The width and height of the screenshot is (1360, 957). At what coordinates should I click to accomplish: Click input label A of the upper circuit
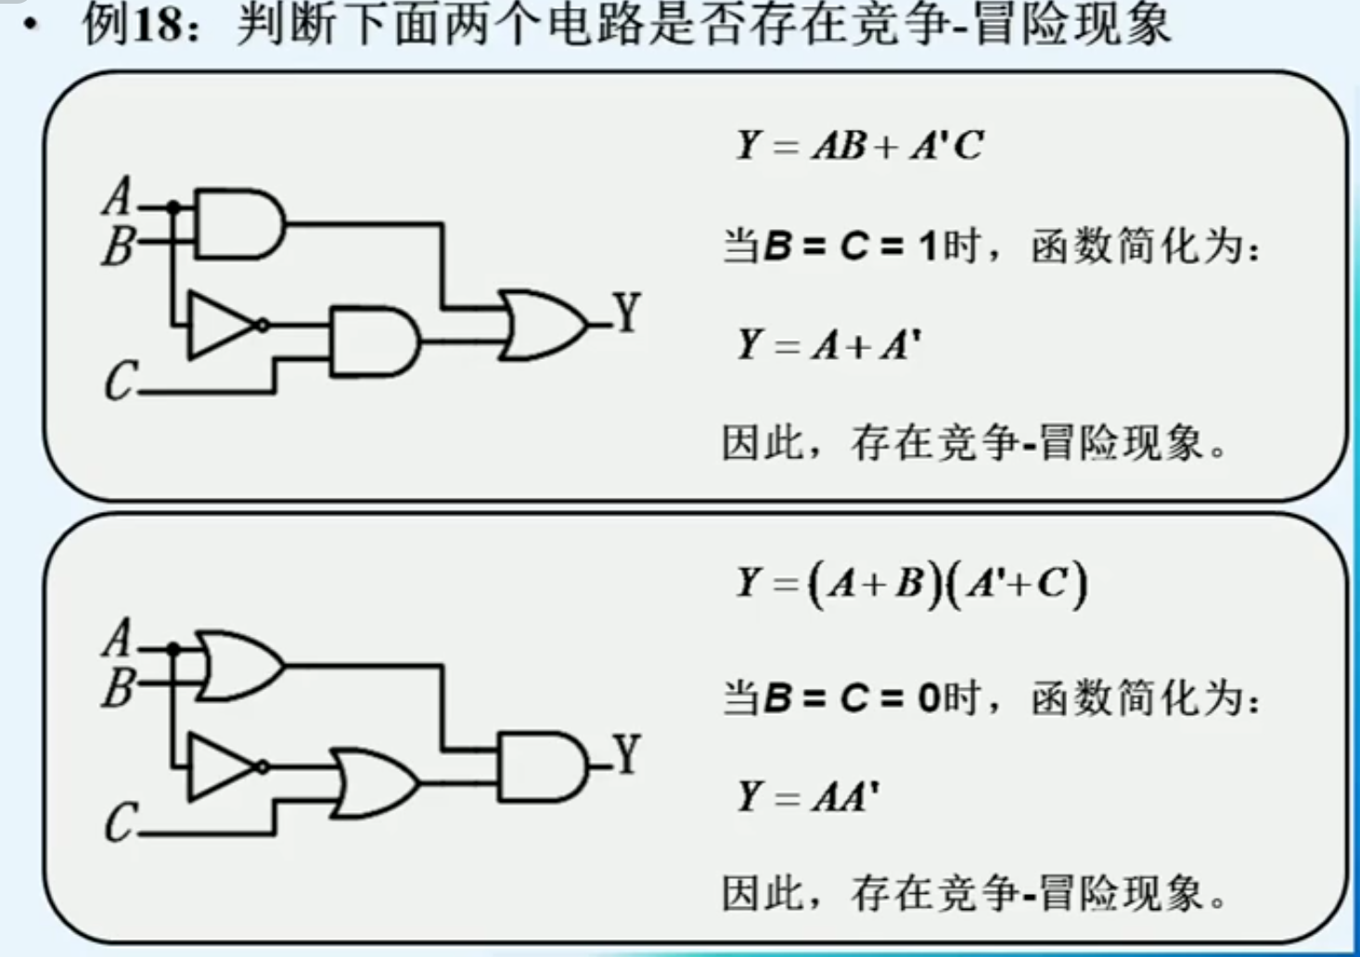117,197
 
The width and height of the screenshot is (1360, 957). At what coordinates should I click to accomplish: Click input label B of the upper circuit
118,246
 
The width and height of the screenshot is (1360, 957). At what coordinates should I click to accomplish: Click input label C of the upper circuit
120,381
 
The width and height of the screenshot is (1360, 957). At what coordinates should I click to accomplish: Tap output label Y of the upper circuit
627,313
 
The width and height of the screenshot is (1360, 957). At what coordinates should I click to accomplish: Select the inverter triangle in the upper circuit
219,325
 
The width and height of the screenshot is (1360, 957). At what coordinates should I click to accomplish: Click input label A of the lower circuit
117,638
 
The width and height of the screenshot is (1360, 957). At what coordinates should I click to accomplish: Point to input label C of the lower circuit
120,823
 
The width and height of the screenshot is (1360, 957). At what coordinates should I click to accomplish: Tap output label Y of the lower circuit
627,755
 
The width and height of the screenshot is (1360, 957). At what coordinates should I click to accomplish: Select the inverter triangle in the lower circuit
219,767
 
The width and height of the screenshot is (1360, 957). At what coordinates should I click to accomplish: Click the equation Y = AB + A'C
859,146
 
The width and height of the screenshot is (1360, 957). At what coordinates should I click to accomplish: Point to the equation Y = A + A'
828,345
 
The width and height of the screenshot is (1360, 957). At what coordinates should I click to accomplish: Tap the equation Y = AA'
808,797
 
